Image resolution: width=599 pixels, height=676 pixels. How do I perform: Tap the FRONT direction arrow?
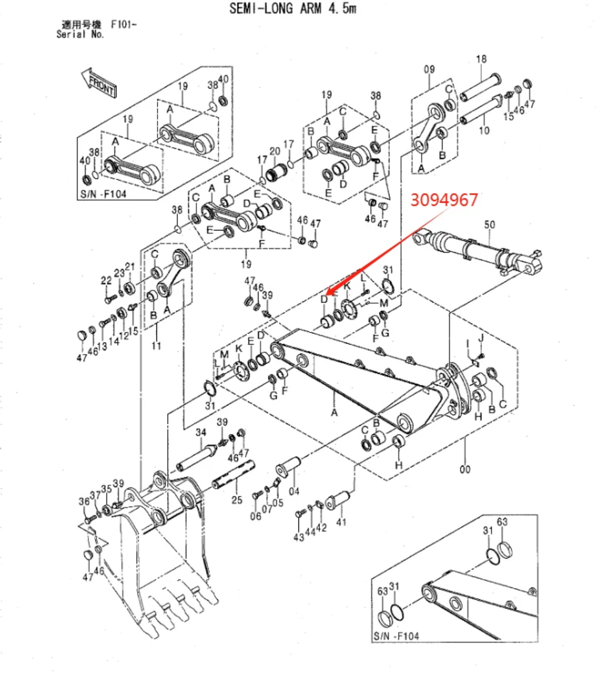point(99,83)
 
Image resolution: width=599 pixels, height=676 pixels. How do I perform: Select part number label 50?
point(489,224)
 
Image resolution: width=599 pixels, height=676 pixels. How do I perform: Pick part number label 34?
point(201,433)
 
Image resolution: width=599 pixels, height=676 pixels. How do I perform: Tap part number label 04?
point(294,492)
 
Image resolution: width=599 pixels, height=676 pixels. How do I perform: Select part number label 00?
point(465,470)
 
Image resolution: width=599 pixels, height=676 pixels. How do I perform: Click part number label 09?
point(429,69)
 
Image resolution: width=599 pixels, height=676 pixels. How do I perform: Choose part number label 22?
point(106,281)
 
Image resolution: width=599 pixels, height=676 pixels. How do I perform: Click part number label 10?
point(484,130)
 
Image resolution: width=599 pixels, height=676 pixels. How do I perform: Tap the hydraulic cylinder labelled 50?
point(479,249)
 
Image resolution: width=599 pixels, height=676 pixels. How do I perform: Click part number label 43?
point(299,537)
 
